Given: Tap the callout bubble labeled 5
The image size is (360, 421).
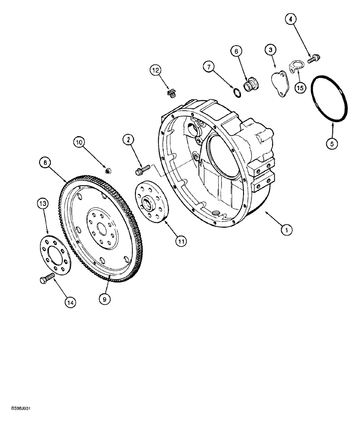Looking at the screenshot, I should coord(332,144).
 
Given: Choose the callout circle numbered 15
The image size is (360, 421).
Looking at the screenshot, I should coord(299,88).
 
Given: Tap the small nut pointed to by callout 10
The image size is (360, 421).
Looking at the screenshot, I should coord(108,170).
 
